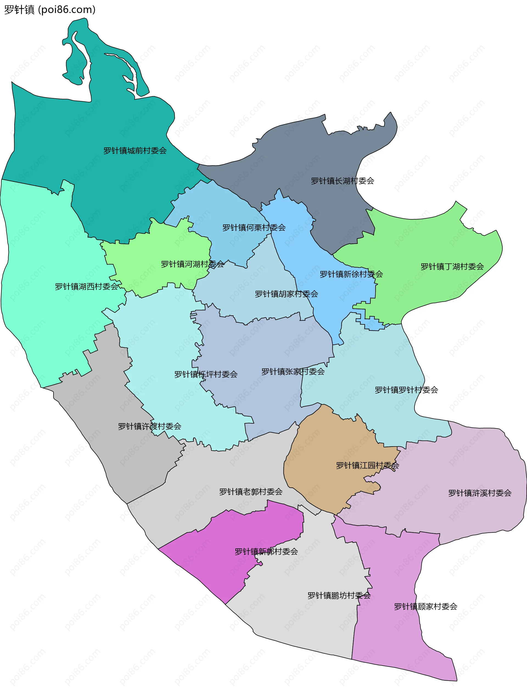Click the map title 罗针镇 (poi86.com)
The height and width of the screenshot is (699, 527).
point(50,10)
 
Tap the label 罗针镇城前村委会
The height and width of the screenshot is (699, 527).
point(135,151)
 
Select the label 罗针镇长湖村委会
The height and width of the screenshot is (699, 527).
point(342,181)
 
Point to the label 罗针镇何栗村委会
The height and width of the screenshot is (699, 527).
point(254,228)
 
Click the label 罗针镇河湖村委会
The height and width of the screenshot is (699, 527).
point(192,264)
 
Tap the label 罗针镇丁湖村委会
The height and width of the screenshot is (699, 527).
point(452,267)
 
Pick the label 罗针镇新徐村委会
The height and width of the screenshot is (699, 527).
point(351,274)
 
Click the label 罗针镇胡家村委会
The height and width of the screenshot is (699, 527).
point(287,294)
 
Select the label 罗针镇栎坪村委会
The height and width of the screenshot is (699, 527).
point(206,374)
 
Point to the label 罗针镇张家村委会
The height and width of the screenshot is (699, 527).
point(293,372)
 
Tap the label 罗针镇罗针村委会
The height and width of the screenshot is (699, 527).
point(406,390)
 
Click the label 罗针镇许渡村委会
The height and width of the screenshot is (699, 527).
point(150,426)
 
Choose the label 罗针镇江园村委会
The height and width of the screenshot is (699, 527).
point(367,465)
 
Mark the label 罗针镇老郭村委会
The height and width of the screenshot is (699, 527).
point(251,492)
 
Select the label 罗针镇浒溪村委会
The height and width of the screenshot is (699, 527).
point(480,493)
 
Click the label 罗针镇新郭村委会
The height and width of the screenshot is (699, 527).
point(266,551)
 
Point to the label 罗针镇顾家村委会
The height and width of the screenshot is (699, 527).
point(425,607)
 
